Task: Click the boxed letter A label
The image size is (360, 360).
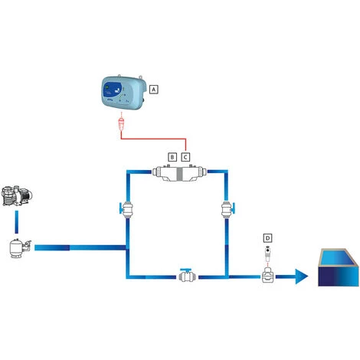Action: coord(154,89)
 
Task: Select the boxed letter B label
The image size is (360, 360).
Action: coord(172,156)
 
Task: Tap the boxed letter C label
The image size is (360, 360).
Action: coord(185,156)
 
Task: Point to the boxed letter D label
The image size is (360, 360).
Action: coord(267,237)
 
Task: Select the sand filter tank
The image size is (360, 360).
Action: coord(17,249)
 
